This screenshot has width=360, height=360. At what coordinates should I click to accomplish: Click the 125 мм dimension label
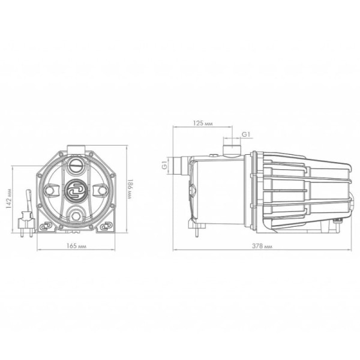pos(203,123)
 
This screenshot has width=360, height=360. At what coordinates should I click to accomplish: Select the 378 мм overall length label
pos(262,246)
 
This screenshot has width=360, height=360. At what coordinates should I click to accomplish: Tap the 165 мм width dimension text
pos(76,246)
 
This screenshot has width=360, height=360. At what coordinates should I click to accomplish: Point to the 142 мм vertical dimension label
pos(8,199)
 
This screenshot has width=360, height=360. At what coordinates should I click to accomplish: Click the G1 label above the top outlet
pos(246,134)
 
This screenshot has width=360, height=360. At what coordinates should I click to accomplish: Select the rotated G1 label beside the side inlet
pos(164,166)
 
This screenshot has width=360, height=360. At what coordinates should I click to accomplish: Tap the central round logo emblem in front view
pos(76,190)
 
